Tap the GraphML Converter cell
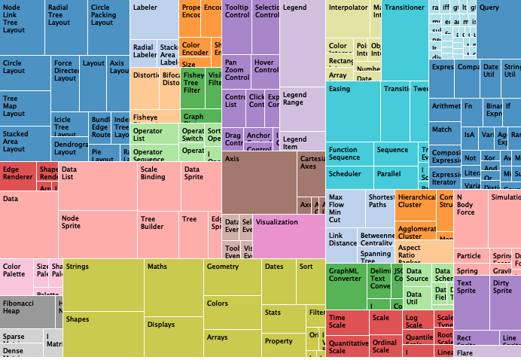(x=346, y=286)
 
